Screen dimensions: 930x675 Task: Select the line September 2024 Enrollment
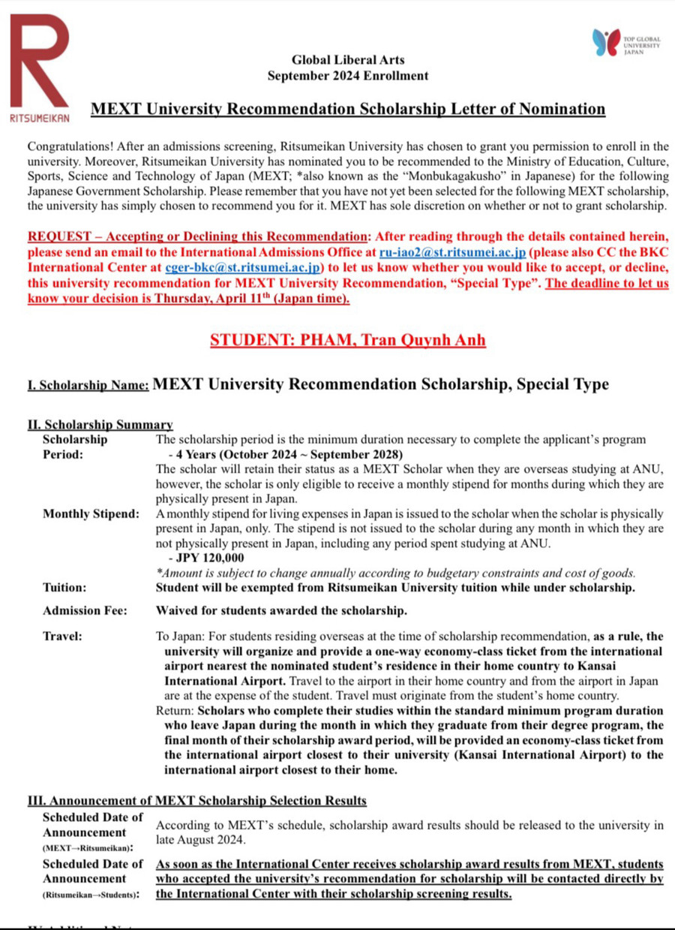[348, 76]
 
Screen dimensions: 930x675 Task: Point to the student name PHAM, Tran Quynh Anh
[348, 340]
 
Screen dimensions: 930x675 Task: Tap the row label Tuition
[64, 588]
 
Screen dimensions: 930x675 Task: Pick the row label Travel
[62, 637]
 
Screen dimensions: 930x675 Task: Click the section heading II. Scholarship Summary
[100, 426]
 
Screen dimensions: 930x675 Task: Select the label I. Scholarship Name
[88, 386]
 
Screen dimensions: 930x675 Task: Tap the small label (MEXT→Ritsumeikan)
[83, 847]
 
